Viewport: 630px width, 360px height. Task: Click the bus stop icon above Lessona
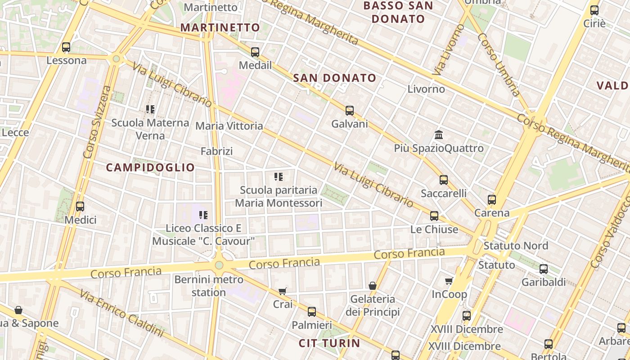66,47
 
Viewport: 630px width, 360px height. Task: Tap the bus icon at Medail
255,52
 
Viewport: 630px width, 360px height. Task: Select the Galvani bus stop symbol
349,110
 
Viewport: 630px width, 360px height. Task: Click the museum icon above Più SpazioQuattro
439,135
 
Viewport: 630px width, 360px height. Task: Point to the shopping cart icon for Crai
282,291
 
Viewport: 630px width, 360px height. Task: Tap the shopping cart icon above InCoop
449,281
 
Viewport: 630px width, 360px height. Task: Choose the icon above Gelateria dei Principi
373,286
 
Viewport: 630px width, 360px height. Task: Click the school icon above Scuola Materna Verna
150,109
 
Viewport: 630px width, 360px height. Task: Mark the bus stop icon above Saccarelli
443,180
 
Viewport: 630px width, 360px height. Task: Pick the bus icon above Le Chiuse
434,216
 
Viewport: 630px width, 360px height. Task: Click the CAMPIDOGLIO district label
150,168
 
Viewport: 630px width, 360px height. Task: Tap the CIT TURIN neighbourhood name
329,343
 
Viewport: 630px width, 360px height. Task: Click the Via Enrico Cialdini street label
121,314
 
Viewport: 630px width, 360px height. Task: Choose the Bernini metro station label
209,286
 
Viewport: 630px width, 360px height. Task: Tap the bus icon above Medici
80,207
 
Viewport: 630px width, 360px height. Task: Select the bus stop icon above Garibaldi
543,269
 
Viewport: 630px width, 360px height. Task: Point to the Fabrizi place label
216,151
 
